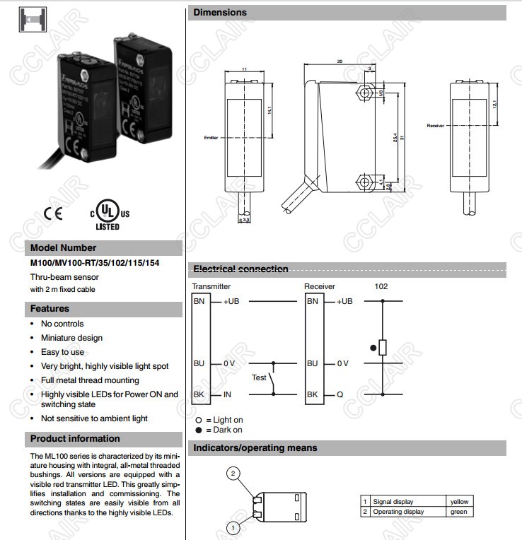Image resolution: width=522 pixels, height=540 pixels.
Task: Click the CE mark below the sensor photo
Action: coord(52,213)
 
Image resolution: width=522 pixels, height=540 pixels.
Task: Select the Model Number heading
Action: coord(64,248)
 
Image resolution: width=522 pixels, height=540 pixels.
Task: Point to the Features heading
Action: coord(50,309)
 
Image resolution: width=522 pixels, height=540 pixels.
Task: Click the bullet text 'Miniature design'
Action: coord(71,338)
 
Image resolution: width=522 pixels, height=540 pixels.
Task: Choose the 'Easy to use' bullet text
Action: coord(62,352)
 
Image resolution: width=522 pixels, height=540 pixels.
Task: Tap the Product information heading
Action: coord(76,439)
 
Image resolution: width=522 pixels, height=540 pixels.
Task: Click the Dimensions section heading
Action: coord(221,13)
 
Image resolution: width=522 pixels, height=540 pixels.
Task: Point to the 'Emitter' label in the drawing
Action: coord(211,138)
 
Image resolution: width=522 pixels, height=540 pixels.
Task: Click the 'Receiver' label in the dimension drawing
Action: coord(435,126)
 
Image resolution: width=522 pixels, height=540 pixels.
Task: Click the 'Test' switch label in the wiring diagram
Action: coord(260,377)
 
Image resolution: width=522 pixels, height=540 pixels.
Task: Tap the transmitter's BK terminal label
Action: coord(199,394)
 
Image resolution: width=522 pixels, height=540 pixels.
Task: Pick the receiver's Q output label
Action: coord(340,394)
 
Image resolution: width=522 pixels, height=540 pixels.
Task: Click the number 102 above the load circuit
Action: coord(381,286)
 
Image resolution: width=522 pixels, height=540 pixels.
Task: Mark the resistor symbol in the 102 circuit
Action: coord(383,347)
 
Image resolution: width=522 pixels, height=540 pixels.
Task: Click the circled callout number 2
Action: coord(234,473)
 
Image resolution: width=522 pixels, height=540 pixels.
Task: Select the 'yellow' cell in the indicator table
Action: coord(459,502)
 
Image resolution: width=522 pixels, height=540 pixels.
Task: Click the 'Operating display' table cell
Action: coord(399,512)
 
